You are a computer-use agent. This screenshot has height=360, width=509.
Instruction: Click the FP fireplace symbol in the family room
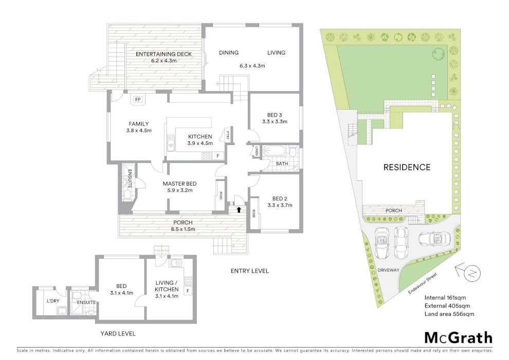tap(138, 99)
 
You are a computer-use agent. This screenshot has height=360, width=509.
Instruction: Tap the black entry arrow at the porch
tap(239, 209)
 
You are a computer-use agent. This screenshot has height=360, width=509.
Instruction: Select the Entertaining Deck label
tap(163, 54)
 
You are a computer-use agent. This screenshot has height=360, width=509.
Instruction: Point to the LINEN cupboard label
tap(257, 151)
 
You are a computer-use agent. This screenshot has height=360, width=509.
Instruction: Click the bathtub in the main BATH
tap(275, 152)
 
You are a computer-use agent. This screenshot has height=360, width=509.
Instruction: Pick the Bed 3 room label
tap(275, 115)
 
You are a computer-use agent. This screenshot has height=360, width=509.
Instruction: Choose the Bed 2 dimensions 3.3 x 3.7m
tap(280, 205)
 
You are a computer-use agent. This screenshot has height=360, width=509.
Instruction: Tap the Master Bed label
tap(179, 184)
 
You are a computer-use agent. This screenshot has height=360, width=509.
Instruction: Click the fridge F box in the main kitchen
tap(218, 156)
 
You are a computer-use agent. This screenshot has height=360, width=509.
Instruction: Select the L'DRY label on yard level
tap(53, 301)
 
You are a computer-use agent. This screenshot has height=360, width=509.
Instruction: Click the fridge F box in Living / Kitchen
tap(188, 291)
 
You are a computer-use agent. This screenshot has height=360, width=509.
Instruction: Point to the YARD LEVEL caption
tap(118, 334)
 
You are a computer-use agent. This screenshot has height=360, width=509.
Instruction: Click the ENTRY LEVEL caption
tap(250, 271)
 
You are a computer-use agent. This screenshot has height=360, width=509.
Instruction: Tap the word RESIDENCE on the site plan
tap(407, 167)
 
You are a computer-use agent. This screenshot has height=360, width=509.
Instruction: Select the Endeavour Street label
tap(423, 283)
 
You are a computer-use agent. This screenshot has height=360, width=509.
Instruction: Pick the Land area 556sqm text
tap(449, 314)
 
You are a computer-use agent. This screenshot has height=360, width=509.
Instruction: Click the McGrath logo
tap(459, 338)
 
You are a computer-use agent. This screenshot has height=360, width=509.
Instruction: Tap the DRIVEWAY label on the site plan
tap(388, 270)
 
